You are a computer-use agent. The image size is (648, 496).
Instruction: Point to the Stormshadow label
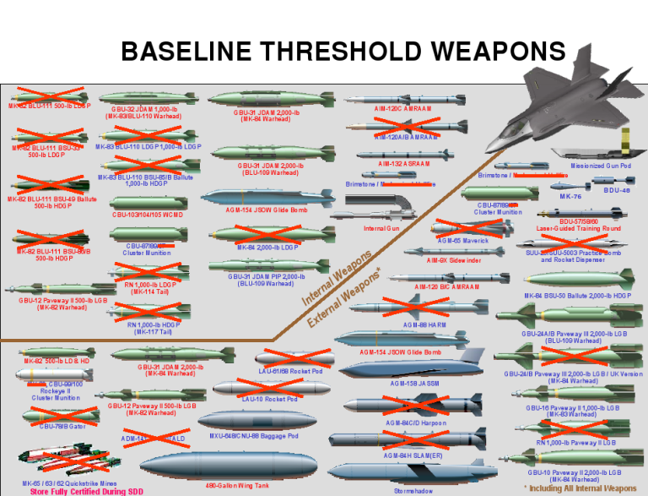pos(415,490)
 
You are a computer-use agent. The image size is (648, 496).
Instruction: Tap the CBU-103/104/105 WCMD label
pos(147,215)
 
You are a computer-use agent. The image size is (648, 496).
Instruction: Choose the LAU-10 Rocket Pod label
pos(269,399)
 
